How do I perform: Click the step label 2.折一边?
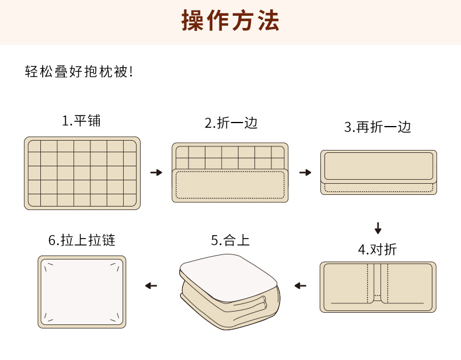(230, 123)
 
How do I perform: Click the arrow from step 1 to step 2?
(156, 173)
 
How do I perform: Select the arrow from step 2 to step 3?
(305, 173)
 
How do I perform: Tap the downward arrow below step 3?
(378, 228)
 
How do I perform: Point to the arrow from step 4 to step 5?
(301, 285)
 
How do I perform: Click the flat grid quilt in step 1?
(82, 173)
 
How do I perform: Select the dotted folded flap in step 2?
(230, 186)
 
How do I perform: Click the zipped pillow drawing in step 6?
(82, 291)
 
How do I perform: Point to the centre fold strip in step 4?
(377, 283)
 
